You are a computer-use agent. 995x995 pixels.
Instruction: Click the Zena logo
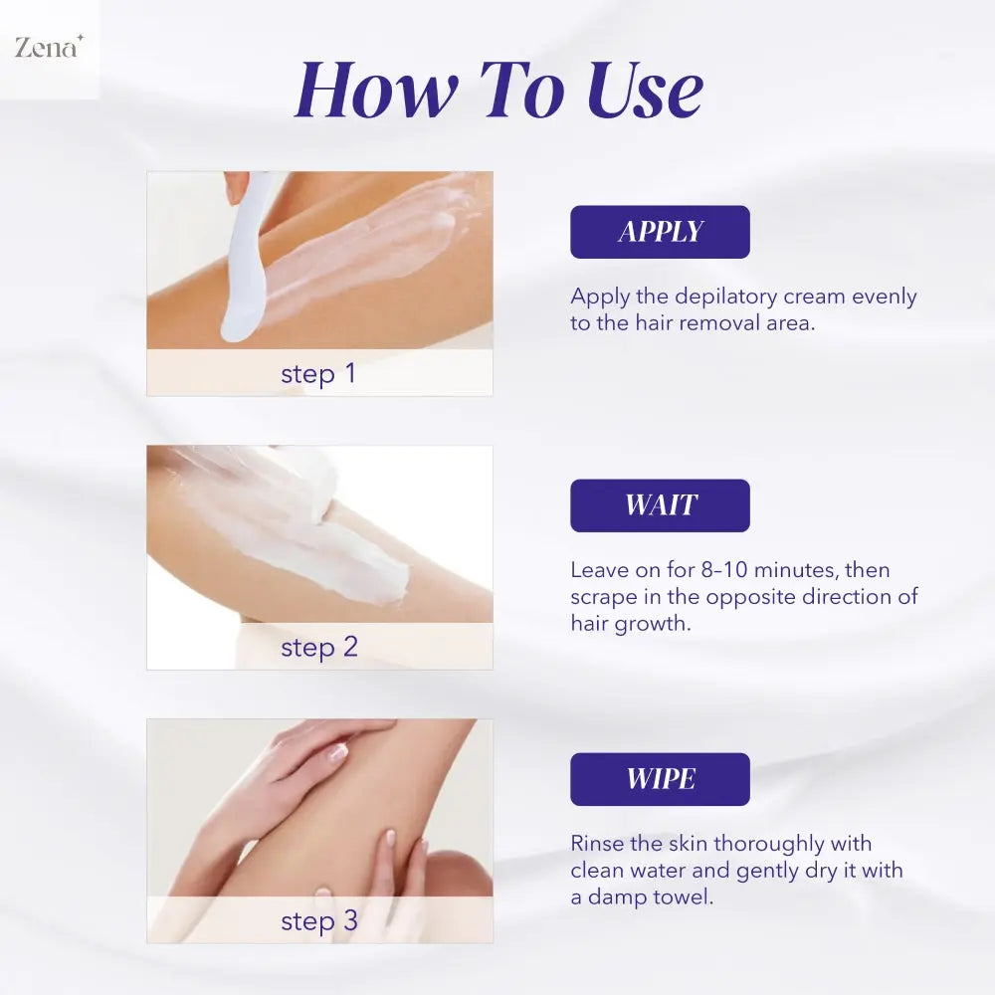[48, 47]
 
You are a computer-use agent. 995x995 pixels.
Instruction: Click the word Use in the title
[644, 92]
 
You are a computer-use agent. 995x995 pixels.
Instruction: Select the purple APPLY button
[660, 232]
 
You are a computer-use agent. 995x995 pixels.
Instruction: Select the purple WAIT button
[660, 505]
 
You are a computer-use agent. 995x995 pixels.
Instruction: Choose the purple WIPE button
[660, 779]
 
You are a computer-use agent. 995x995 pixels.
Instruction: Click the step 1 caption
[318, 374]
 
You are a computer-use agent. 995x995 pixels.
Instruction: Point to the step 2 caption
[318, 648]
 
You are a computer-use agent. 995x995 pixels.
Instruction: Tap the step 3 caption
[318, 921]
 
